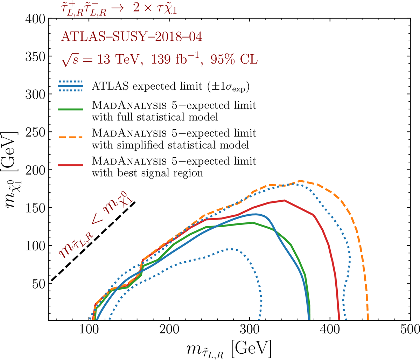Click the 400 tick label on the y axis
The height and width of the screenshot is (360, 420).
[35, 19]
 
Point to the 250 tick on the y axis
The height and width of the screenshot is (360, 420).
[35, 132]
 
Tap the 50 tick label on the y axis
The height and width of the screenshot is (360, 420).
[38, 283]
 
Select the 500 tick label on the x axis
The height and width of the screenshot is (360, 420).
[410, 330]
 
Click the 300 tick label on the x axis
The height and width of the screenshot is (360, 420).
[250, 330]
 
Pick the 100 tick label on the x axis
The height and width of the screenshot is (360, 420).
[89, 330]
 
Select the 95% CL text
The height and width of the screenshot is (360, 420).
[234, 59]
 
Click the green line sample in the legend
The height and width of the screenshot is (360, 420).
[71, 110]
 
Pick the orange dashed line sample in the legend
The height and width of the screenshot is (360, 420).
[71, 137]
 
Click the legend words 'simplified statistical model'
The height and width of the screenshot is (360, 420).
[170, 144]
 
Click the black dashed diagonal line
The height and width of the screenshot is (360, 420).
[93, 241]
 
